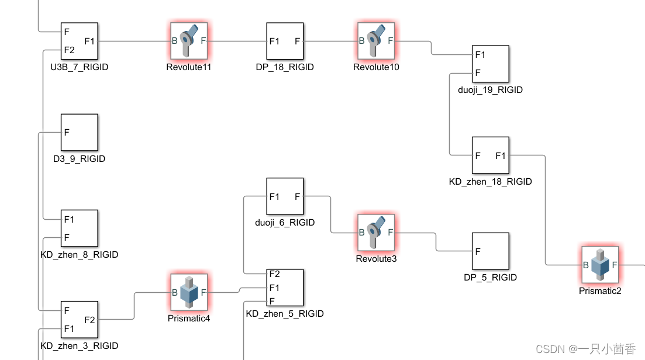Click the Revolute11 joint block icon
189,41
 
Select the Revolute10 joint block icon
376,41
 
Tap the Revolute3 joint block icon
376,233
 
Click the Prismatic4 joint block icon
189,292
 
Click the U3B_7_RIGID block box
80,41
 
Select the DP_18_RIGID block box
285,41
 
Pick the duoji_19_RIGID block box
490,64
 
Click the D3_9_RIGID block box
80,133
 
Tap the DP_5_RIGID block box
490,251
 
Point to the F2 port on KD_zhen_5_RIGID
274,274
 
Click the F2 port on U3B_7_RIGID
70,50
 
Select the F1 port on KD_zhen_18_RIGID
501,155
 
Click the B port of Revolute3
362,233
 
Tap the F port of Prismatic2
614,265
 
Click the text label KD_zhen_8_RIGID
80,255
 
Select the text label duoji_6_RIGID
285,223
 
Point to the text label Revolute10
376,67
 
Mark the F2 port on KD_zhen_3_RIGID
89,320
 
